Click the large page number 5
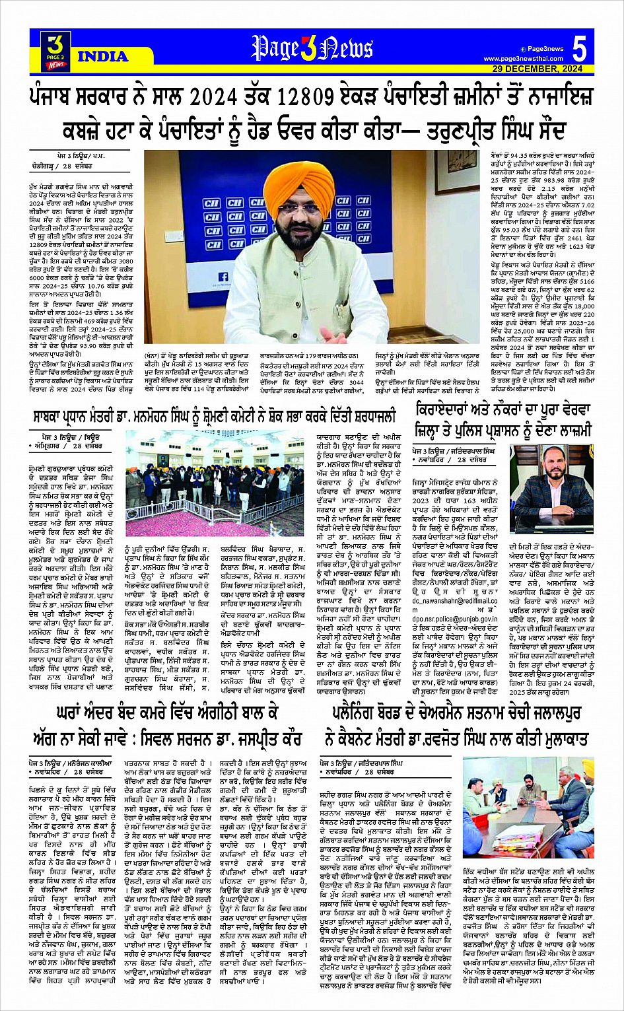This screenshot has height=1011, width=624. click(579, 49)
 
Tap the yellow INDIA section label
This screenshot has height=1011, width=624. click(102, 56)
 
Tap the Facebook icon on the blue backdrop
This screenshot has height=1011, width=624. click(223, 278)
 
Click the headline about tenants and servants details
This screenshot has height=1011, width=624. click(503, 419)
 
